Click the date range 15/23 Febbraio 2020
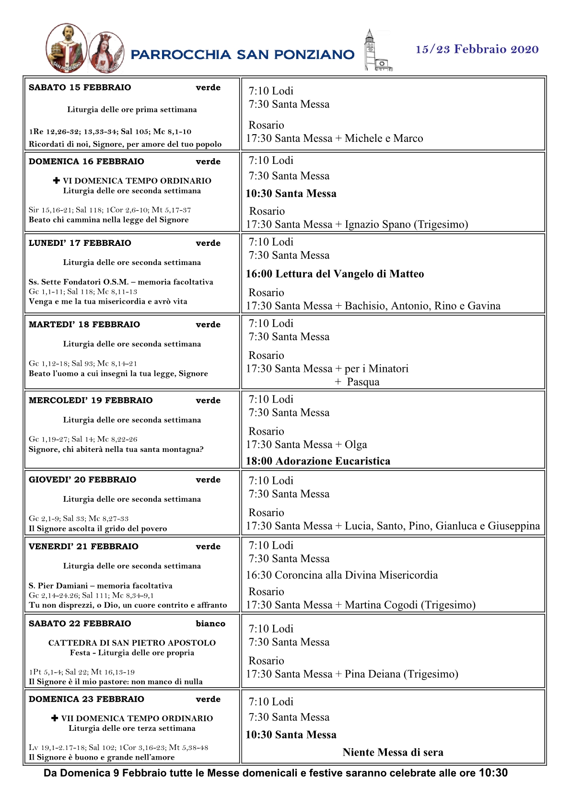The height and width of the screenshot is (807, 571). [477, 49]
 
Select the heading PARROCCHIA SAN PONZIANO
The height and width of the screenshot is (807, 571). [242, 55]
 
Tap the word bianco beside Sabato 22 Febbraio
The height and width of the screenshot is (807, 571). [210, 623]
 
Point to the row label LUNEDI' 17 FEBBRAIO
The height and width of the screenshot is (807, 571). [80, 243]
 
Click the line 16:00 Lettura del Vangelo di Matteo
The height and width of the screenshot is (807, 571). [335, 274]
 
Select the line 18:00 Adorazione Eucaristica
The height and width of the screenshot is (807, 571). [318, 461]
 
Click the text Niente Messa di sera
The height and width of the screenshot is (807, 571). [393, 752]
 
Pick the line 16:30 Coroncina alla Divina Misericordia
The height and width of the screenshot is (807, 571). [342, 575]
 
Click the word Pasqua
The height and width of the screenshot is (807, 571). [363, 382]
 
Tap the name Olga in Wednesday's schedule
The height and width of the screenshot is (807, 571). [356, 445]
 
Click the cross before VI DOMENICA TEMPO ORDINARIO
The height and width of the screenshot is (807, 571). [56, 181]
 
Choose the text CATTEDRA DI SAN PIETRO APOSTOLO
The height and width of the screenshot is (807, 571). [132, 643]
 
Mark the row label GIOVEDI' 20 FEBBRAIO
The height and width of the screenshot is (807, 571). [82, 480]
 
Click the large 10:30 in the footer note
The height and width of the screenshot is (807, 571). [493, 772]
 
